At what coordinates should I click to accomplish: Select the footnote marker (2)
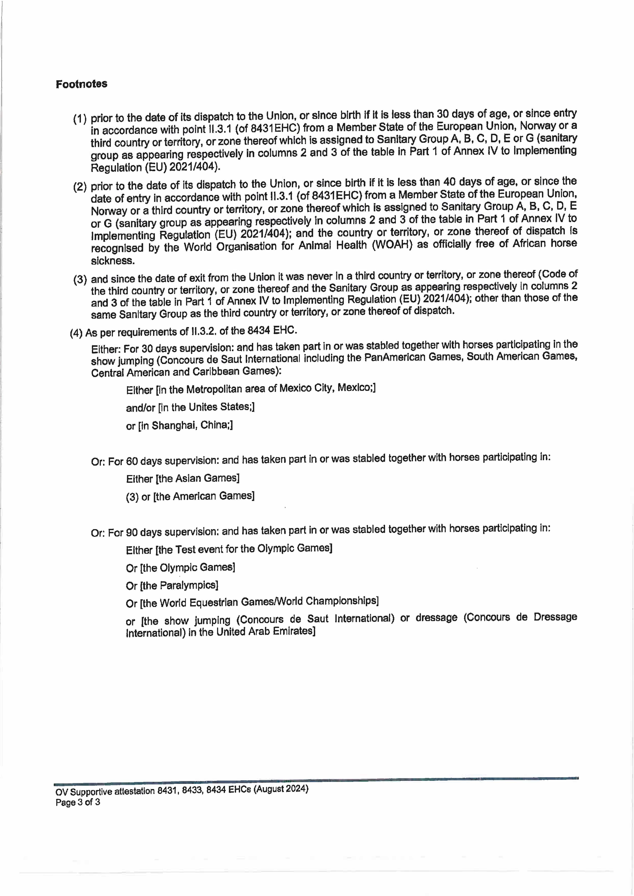point(80,187)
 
